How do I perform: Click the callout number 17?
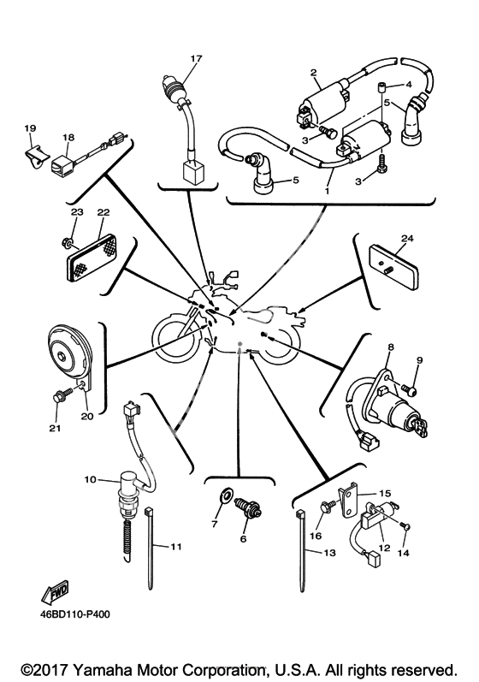click(196, 58)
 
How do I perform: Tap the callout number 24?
click(407, 239)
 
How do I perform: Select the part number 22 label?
click(103, 212)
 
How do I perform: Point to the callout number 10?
click(90, 479)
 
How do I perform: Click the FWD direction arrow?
click(56, 591)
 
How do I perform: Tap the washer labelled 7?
click(226, 495)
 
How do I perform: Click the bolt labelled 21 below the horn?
click(60, 396)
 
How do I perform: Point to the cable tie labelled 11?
click(150, 547)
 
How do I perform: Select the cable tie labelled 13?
click(301, 550)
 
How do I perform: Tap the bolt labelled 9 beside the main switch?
click(409, 388)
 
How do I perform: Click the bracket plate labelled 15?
click(349, 500)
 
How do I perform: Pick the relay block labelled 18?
click(62, 164)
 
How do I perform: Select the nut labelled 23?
click(68, 240)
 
